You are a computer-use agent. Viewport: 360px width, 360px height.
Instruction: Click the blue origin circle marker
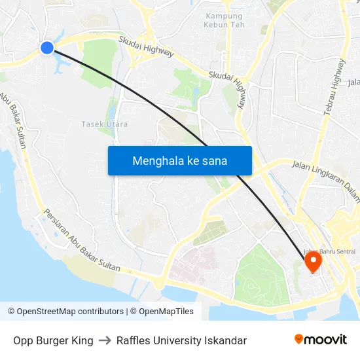coord(47,47)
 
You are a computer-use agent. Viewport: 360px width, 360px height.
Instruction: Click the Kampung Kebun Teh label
coord(224,20)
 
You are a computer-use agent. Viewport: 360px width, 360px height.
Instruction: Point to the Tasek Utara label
coord(105,124)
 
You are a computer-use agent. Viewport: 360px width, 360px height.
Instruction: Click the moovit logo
coord(320,340)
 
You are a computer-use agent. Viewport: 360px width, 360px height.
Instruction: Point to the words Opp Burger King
coord(53,340)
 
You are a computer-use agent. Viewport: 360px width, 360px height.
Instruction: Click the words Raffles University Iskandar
coord(181,340)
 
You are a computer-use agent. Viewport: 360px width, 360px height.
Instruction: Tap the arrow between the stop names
coord(105,340)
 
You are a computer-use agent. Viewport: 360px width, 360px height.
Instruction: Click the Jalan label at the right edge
coord(353,82)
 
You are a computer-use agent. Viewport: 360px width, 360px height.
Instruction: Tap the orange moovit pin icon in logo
coord(299,339)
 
